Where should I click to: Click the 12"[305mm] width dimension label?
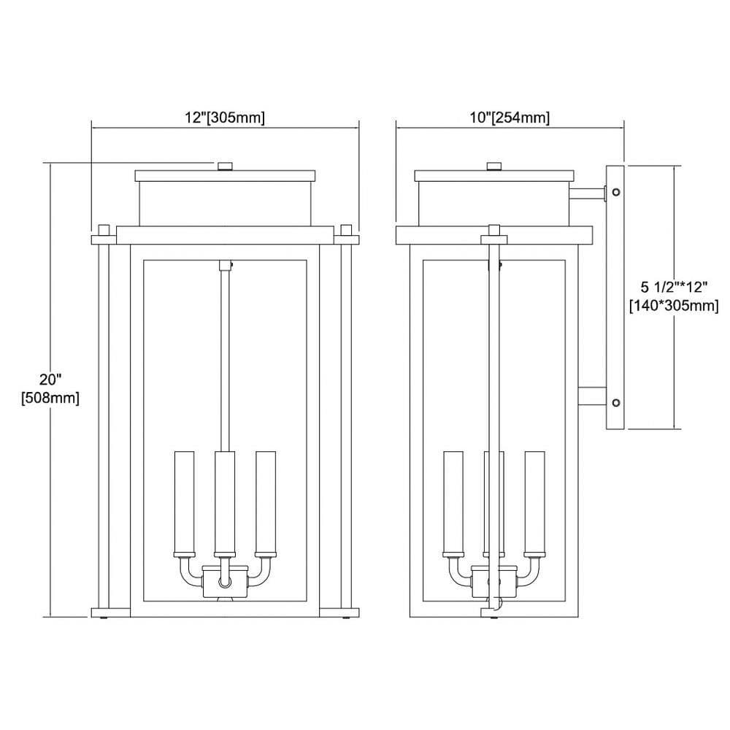[x=225, y=118]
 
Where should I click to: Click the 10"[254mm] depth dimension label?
[x=510, y=118]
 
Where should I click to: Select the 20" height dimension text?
[x=50, y=380]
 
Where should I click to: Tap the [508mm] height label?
[x=50, y=398]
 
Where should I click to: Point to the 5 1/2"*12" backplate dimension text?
[x=674, y=286]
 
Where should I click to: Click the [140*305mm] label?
[x=674, y=306]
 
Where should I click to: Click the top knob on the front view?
[x=226, y=166]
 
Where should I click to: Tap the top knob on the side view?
[x=494, y=166]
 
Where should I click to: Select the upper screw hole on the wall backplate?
[x=616, y=191]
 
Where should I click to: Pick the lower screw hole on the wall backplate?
[x=616, y=402]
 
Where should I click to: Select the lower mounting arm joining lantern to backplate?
[x=592, y=396]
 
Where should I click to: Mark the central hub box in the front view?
[x=226, y=582]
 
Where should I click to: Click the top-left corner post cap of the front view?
[x=104, y=231]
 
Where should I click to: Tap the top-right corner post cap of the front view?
[x=346, y=231]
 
